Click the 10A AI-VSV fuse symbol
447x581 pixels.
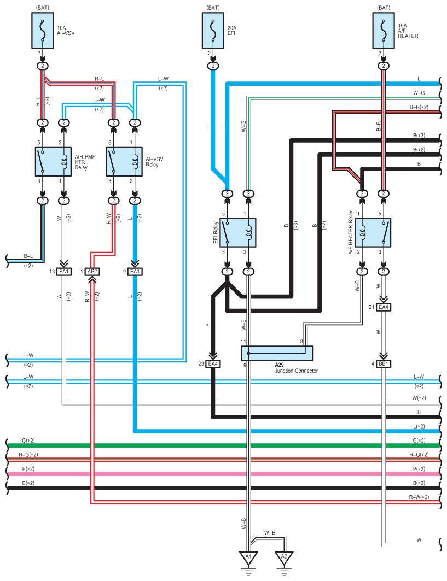[x=42, y=30]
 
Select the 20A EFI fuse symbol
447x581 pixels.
[x=212, y=30]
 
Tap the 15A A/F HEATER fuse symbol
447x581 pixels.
[x=384, y=30]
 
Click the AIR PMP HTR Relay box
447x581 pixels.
[x=53, y=161]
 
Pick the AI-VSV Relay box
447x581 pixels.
[x=124, y=161]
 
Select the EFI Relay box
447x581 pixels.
[x=238, y=232]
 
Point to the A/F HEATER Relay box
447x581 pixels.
[x=373, y=232]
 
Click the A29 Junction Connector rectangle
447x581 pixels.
[x=277, y=353]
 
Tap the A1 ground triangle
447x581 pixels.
[x=248, y=558]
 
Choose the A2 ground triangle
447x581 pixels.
[x=284, y=558]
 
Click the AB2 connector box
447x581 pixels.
[x=92, y=272]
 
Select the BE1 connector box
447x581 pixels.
[x=384, y=363]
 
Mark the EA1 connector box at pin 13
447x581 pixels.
[x=64, y=272]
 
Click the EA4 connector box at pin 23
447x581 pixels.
[x=212, y=363]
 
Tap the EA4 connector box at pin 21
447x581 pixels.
[x=384, y=308]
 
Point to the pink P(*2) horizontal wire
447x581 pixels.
[x=219, y=473]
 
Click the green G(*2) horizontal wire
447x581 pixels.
[x=219, y=445]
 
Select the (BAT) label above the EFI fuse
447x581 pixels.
[x=212, y=8]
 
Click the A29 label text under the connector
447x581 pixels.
[x=280, y=365]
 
